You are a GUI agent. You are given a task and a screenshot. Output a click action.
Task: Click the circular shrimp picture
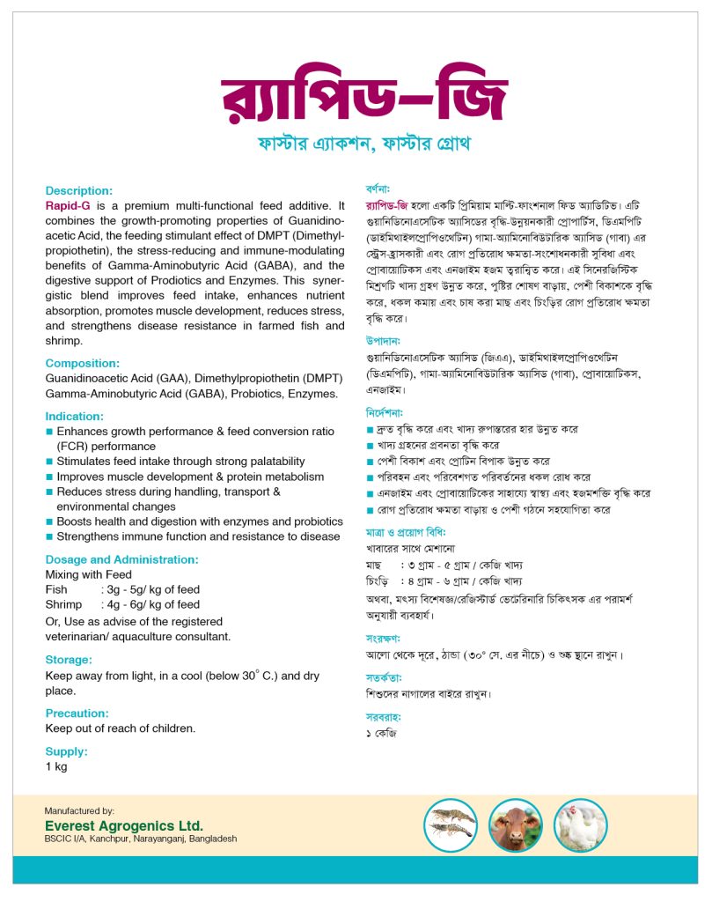tap(451, 824)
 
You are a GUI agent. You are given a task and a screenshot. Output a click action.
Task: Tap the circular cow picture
tap(516, 824)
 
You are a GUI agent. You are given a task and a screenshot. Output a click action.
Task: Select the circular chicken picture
tap(580, 824)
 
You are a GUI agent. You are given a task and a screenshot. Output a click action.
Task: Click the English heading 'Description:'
tap(79, 190)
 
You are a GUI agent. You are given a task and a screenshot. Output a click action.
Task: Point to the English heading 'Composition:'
tap(81, 363)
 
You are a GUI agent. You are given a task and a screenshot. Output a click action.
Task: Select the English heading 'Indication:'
tap(75, 416)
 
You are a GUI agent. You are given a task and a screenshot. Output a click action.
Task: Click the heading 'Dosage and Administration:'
tap(122, 559)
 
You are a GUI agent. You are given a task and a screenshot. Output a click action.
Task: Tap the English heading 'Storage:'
tap(69, 659)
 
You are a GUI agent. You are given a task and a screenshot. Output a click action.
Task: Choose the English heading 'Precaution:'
tap(77, 713)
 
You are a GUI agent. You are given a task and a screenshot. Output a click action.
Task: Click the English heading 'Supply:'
tap(67, 751)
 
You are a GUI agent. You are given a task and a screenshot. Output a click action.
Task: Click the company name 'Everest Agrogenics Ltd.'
tap(124, 825)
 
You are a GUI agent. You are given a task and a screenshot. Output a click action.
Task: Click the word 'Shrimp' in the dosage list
tap(63, 604)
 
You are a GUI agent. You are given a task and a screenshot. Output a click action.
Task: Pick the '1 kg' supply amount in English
tap(56, 766)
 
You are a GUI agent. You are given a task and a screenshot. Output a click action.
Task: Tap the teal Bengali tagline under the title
tap(362, 143)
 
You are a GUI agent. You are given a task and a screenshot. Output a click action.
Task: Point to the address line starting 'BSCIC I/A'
tap(141, 839)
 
